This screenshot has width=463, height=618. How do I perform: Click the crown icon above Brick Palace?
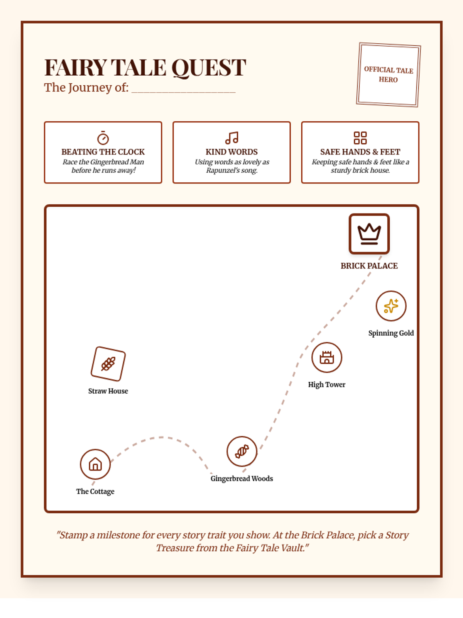pos(369,234)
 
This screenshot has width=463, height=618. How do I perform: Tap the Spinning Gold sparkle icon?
pos(391,306)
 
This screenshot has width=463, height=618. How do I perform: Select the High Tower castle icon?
pos(327,357)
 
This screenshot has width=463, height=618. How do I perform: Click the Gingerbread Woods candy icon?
pos(242,451)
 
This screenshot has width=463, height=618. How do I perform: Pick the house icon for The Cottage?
pos(95,464)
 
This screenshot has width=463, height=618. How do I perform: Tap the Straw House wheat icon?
pos(108,364)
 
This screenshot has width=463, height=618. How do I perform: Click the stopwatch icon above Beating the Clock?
pos(103,138)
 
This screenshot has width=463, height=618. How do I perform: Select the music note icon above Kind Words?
pos(231,138)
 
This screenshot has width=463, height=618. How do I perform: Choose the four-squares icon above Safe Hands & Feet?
pos(360,138)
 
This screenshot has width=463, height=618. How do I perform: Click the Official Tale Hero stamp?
pos(388,75)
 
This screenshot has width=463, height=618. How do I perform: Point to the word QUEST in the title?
pos(208,68)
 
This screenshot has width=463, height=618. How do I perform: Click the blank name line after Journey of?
pos(183,89)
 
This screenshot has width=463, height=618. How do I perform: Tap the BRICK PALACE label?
pos(369,266)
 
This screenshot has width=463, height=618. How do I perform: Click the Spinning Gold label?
pos(391,333)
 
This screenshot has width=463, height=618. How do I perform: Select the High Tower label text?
pos(327,385)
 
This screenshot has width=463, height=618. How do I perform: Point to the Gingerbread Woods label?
pos(242,479)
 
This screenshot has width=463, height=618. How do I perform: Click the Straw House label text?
pos(108,391)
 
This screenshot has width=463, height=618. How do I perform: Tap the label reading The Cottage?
pos(95,491)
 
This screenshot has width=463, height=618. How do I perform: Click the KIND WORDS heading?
pos(231,152)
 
